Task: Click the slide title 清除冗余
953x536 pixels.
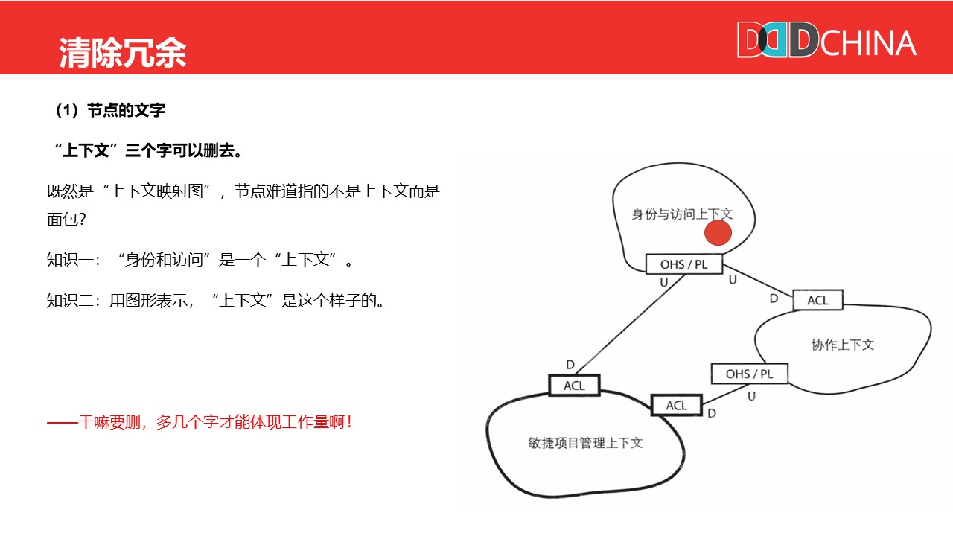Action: point(122,52)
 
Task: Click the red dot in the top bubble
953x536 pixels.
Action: point(718,234)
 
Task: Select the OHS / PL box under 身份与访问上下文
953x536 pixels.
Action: point(684,264)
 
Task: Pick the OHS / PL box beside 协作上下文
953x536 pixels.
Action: point(749,374)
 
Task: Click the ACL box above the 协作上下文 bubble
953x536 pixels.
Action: point(817,300)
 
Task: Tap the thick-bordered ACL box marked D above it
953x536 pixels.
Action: point(574,385)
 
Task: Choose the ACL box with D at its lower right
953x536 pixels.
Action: point(676,405)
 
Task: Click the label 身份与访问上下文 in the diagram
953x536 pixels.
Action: point(682,214)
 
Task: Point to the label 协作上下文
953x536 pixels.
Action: point(842,345)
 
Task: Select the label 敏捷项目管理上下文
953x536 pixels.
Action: point(584,443)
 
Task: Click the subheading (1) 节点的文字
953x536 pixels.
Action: point(110,111)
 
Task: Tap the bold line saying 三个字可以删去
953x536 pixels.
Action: point(149,151)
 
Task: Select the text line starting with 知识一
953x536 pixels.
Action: point(201,261)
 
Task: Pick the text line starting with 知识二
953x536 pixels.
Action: point(216,301)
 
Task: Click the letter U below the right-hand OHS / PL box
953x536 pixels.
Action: point(751,396)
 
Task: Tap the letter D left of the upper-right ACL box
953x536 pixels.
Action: point(774,299)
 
